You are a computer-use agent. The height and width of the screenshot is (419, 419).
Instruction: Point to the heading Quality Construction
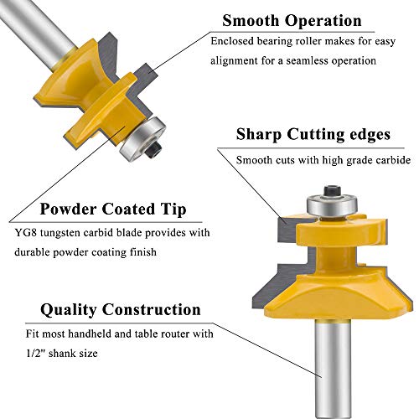point(112,309)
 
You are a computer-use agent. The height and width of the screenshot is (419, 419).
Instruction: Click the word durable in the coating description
point(54,251)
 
